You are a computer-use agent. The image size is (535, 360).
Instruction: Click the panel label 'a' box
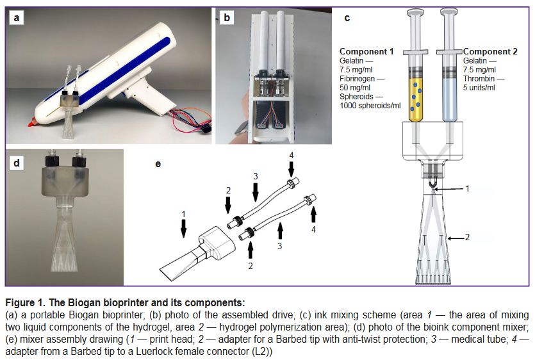[17, 19]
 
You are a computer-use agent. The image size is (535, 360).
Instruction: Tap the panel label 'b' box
[226, 19]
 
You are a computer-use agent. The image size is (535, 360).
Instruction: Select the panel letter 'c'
[347, 18]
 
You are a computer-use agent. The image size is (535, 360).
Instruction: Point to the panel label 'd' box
[17, 163]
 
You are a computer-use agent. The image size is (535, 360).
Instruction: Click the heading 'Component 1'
[366, 51]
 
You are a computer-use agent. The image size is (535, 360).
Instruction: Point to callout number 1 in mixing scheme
[468, 189]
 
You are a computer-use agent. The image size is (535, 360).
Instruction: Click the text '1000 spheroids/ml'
[370, 105]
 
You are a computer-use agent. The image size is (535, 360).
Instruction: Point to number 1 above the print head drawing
[183, 213]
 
